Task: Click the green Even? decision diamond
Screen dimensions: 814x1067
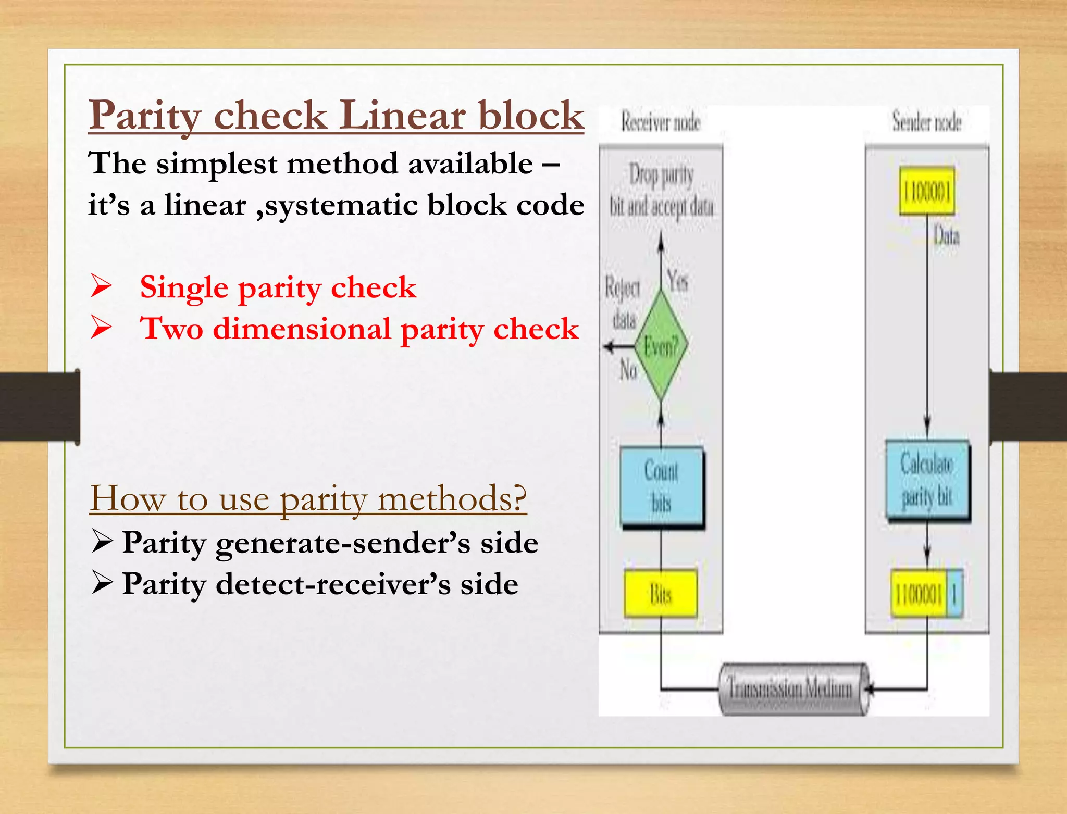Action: click(x=661, y=345)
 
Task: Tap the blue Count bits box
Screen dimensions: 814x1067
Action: click(x=662, y=486)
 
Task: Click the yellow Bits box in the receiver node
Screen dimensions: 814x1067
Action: click(x=661, y=594)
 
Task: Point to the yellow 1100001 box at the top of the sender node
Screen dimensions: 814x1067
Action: click(x=927, y=191)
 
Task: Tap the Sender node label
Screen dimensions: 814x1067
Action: click(x=926, y=122)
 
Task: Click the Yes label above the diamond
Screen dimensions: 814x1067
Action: click(x=678, y=281)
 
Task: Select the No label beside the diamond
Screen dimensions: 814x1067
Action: click(x=628, y=370)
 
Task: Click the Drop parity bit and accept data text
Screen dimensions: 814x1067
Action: click(x=661, y=190)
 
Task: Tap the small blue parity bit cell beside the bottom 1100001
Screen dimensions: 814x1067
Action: click(x=954, y=594)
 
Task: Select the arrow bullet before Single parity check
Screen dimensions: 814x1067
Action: click(x=101, y=286)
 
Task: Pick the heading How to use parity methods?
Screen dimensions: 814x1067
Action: click(x=308, y=498)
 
